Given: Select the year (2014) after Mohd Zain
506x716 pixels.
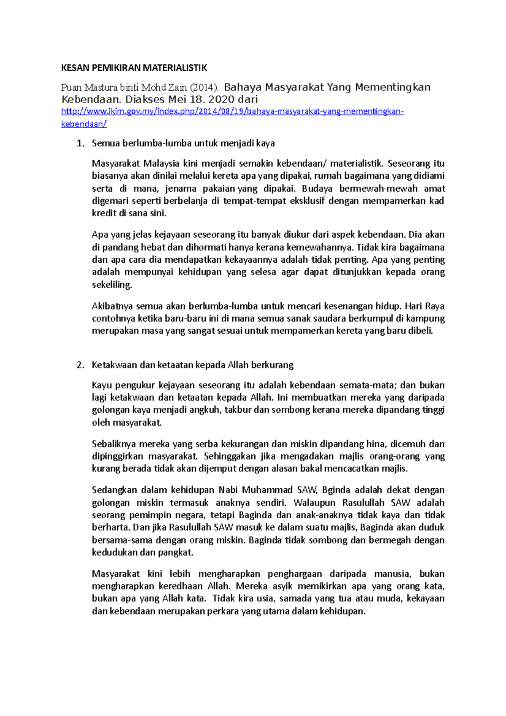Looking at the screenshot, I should [x=205, y=88].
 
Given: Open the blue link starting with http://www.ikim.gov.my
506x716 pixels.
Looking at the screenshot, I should [x=232, y=112].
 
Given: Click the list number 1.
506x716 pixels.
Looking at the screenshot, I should [x=80, y=143].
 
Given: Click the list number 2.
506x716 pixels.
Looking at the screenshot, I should [x=80, y=365].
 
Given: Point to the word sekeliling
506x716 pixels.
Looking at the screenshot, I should [x=112, y=285].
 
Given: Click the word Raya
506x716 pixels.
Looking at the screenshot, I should [x=434, y=306].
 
